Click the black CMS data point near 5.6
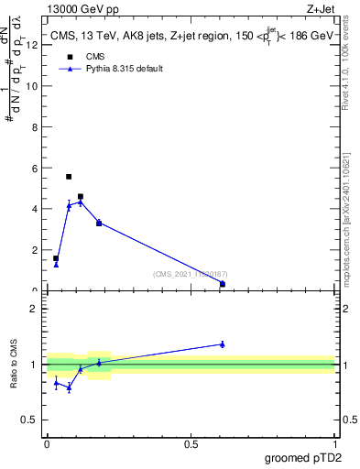[x=69, y=177]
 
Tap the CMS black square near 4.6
[x=81, y=196]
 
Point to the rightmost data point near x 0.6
[x=223, y=284]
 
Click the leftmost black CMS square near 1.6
[x=56, y=258]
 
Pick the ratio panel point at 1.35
[x=223, y=344]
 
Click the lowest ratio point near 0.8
[x=69, y=387]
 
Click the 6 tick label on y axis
[x=35, y=169]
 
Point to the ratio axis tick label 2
[x=35, y=309]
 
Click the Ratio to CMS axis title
[x=15, y=365]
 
